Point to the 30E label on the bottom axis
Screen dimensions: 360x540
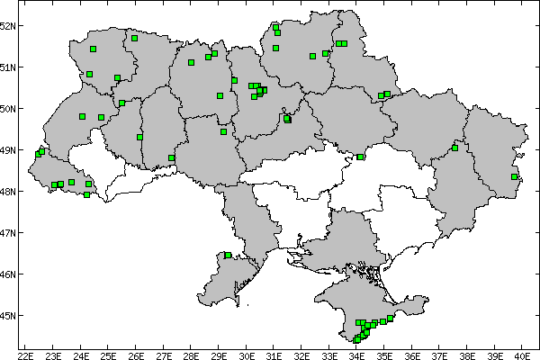tap(247, 354)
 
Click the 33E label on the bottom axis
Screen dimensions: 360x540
tap(328, 354)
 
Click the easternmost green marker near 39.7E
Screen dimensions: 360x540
tap(514, 176)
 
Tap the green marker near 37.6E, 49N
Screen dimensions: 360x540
tap(455, 148)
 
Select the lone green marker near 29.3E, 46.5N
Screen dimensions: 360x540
tap(228, 256)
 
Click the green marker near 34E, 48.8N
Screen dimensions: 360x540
tap(360, 157)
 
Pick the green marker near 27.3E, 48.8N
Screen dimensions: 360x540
tap(171, 157)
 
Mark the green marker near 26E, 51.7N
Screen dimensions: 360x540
tap(134, 38)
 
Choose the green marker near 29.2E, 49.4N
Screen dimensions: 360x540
tap(223, 131)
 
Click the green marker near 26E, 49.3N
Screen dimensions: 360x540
tap(139, 137)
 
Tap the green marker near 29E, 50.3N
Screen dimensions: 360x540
tap(220, 95)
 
